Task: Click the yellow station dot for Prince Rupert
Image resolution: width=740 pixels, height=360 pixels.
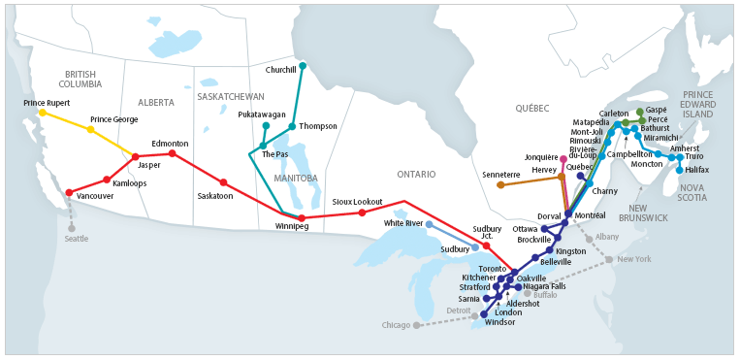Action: tap(42, 113)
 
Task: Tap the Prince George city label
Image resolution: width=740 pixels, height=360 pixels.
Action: tap(113, 119)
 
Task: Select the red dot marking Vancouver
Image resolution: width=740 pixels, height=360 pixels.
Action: tap(69, 193)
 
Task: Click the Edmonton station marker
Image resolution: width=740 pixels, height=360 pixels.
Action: tap(173, 153)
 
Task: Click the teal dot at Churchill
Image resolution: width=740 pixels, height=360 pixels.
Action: tap(303, 66)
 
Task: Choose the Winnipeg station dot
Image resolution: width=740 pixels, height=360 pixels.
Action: tap(302, 217)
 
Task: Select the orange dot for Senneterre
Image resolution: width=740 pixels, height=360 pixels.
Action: tap(500, 184)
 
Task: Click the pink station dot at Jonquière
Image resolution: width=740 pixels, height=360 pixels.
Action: tap(563, 158)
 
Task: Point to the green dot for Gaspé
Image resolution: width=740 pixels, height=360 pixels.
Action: tap(639, 112)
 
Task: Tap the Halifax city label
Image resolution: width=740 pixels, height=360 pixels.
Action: tap(696, 170)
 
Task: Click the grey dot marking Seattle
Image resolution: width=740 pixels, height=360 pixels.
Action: tap(70, 228)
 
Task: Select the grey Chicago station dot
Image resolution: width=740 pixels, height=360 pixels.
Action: tap(417, 325)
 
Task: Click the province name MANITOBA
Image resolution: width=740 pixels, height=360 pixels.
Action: tap(297, 179)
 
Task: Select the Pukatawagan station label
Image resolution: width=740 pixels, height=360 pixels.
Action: tap(262, 114)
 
